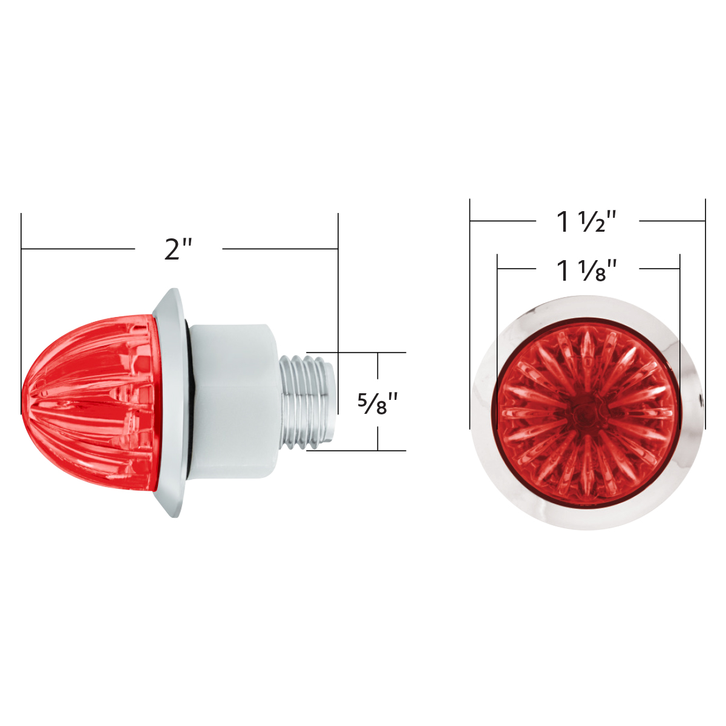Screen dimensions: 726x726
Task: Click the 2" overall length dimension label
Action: click(x=178, y=249)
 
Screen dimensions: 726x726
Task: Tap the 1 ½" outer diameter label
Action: click(x=586, y=221)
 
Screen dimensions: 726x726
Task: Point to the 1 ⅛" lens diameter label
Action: click(x=586, y=270)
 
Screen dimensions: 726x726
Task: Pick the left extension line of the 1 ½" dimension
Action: click(x=470, y=315)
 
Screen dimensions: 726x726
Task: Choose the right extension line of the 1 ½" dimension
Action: click(x=705, y=315)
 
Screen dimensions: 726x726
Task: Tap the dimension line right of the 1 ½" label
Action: click(x=672, y=221)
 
